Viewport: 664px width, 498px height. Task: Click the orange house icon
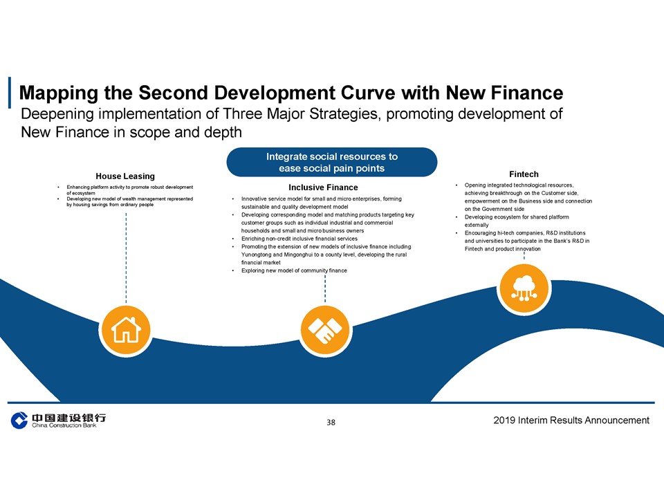(x=126, y=329)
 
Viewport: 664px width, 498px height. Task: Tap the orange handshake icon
(x=325, y=330)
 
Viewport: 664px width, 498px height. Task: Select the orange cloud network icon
(x=524, y=288)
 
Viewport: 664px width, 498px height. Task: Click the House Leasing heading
(x=125, y=176)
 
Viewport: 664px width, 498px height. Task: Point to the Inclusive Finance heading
(x=323, y=187)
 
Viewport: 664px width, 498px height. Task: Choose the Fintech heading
(x=524, y=174)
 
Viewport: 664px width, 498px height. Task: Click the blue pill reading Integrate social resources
(x=331, y=162)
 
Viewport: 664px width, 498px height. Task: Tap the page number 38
(x=331, y=422)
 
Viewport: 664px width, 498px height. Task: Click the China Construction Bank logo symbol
(x=19, y=420)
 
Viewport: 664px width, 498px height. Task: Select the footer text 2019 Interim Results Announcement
(x=571, y=420)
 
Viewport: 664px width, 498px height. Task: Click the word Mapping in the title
(x=59, y=93)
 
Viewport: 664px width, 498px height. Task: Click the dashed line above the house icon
(x=126, y=257)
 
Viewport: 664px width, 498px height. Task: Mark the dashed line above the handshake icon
(x=325, y=288)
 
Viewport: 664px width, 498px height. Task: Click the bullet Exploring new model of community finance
(x=294, y=270)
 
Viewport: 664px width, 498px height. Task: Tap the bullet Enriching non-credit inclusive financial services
(x=299, y=239)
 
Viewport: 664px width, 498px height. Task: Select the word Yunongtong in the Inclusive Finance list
(x=256, y=255)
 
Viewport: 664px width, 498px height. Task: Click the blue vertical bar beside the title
(x=9, y=92)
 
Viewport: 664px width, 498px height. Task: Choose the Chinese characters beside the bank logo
(x=69, y=418)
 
